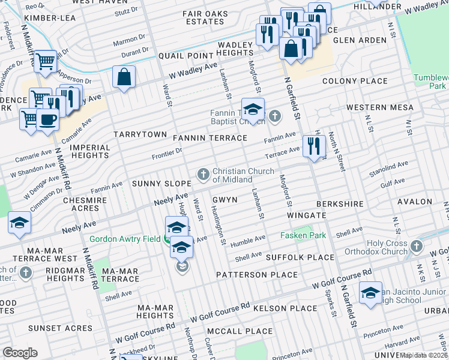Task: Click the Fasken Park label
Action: click(303, 236)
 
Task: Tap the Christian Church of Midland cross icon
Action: click(203, 175)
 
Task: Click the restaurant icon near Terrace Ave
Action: click(314, 146)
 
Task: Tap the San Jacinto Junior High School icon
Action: click(370, 293)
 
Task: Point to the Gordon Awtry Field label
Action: click(124, 239)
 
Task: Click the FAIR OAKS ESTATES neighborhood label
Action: click(205, 17)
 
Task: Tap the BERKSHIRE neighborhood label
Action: click(341, 204)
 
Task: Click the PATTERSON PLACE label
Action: click(257, 275)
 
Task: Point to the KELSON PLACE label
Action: click(285, 308)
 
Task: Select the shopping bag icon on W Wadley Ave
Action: click(124, 77)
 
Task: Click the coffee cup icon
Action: click(47, 118)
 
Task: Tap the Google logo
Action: click(19, 352)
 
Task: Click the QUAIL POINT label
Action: click(186, 56)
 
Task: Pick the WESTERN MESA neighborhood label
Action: click(379, 107)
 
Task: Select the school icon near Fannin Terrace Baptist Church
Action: click(253, 109)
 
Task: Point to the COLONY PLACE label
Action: click(355, 81)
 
